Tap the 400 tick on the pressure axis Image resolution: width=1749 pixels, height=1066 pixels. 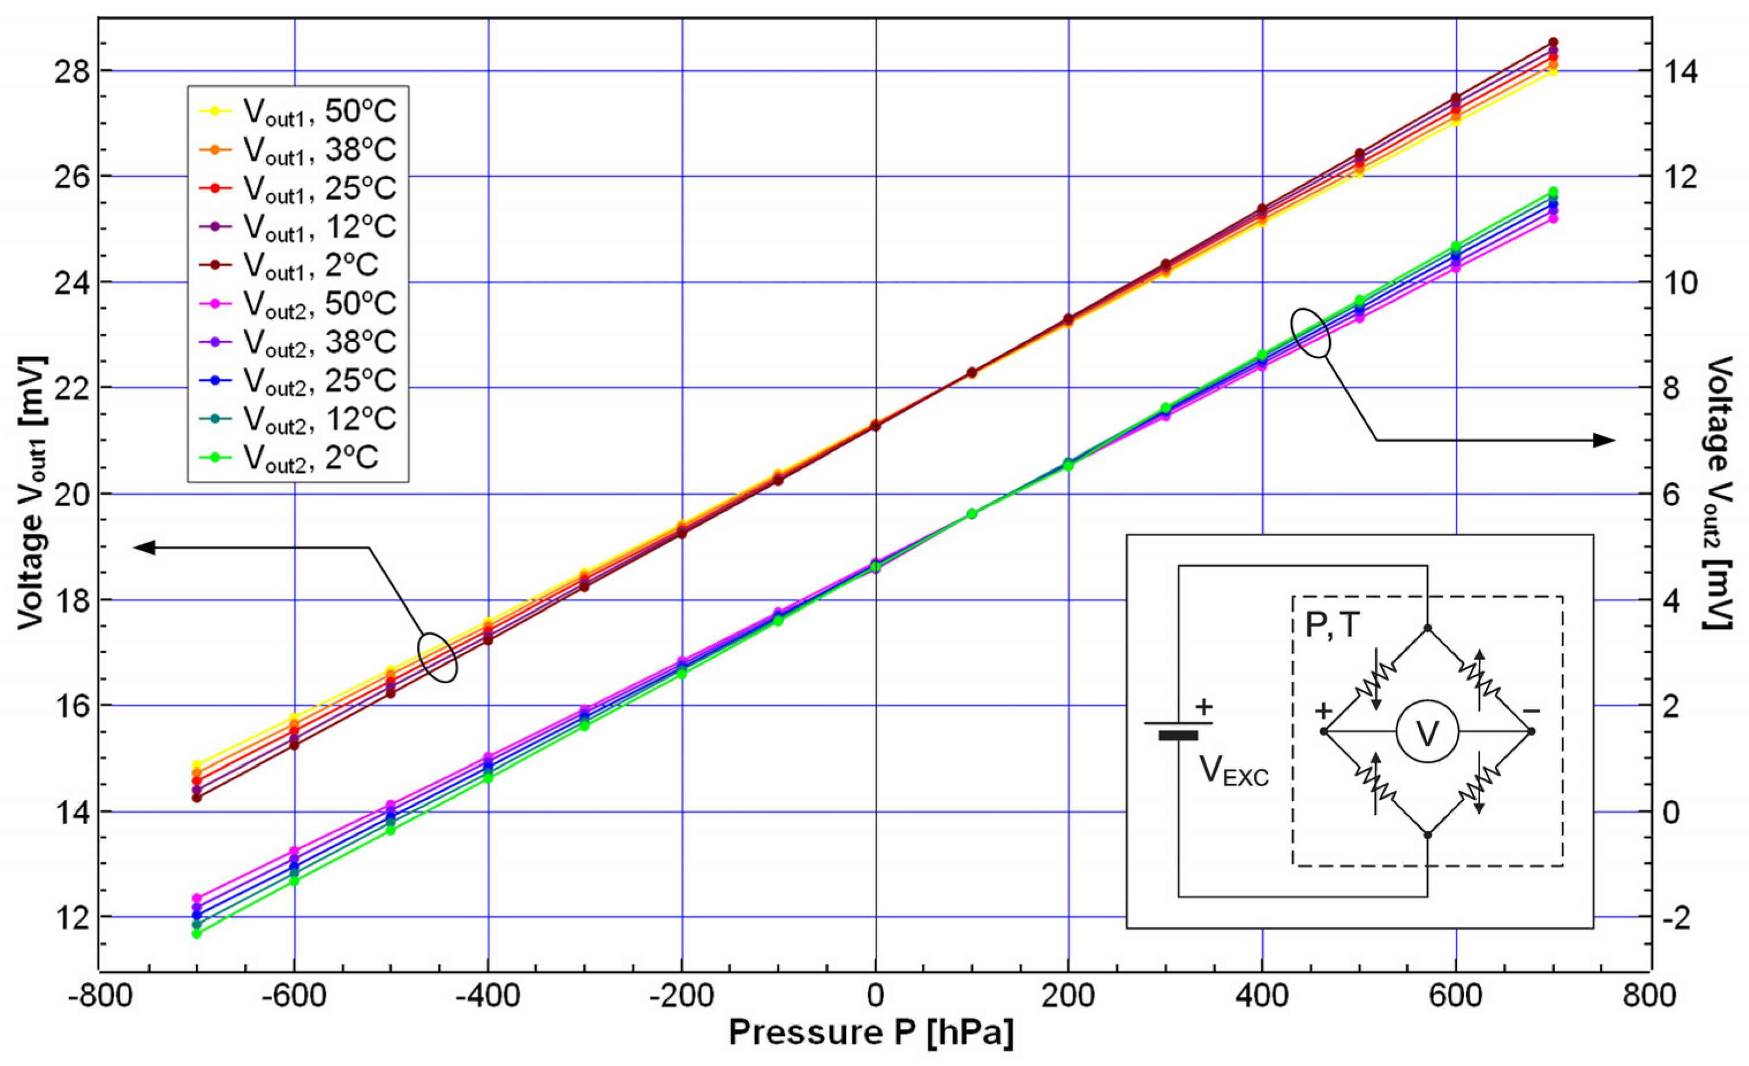click(1261, 995)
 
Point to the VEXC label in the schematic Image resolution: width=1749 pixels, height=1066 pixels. click(1234, 771)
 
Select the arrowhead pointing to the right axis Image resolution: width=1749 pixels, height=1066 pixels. click(1603, 441)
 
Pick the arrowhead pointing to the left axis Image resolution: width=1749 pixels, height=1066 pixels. click(145, 547)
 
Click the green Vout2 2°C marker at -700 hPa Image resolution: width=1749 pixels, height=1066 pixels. click(196, 934)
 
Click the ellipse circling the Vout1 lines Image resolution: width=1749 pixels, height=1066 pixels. click(437, 657)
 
